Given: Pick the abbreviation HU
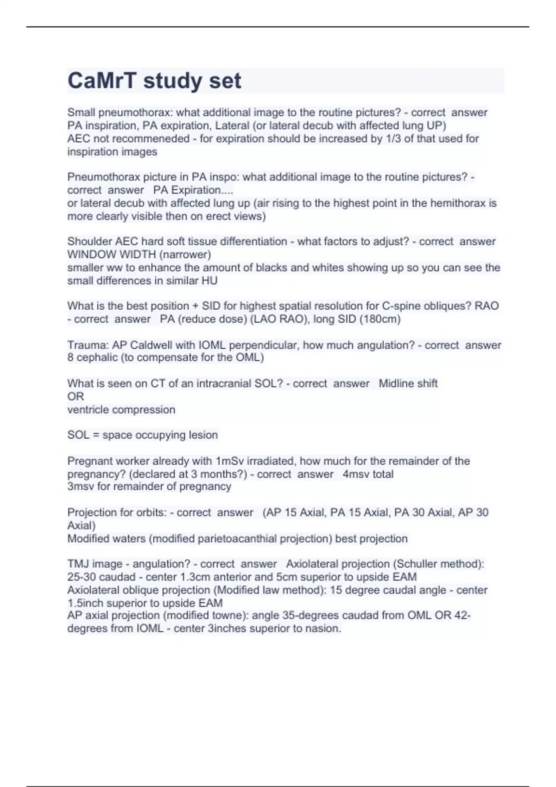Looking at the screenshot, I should (x=209, y=281).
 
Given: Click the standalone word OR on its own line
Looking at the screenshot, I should (x=76, y=396).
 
